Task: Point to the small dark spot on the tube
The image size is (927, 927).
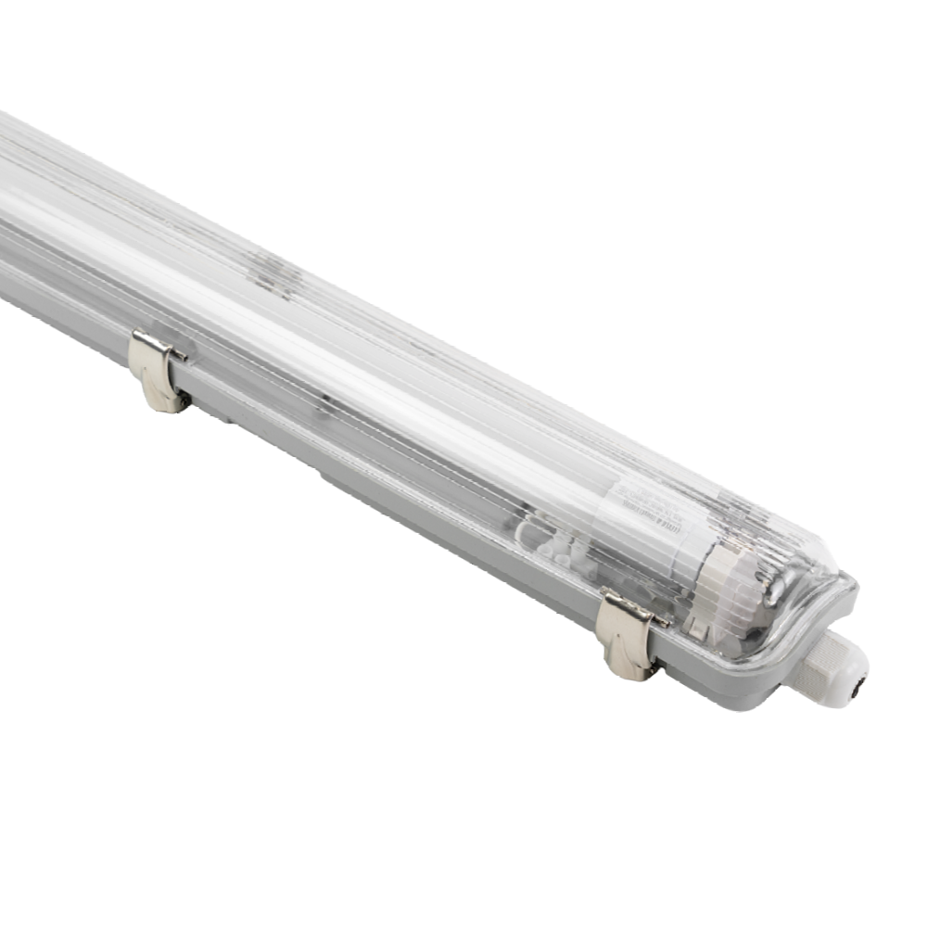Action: (x=324, y=404)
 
